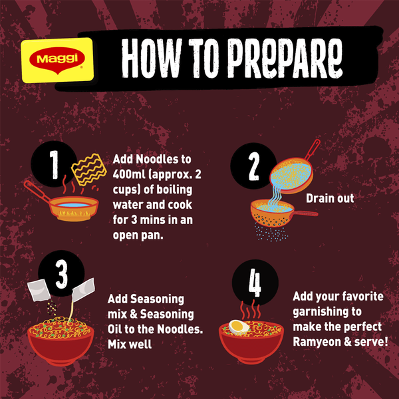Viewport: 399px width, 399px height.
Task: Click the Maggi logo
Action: click(x=57, y=61)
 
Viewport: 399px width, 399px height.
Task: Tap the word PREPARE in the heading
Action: click(x=285, y=59)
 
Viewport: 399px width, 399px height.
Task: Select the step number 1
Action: click(x=54, y=165)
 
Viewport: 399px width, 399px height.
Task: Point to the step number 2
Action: click(x=254, y=166)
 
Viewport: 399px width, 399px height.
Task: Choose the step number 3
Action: click(x=62, y=275)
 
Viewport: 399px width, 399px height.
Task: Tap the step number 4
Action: click(x=255, y=283)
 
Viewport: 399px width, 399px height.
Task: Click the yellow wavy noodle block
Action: click(x=89, y=169)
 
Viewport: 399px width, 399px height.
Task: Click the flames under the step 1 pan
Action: click(x=74, y=215)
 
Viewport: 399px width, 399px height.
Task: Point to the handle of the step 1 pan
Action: click(x=37, y=191)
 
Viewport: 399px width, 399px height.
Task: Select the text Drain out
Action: click(x=330, y=198)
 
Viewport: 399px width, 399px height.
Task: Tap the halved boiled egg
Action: click(x=239, y=327)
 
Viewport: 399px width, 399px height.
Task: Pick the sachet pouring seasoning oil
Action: click(x=83, y=289)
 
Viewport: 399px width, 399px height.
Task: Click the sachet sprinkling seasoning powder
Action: click(x=39, y=291)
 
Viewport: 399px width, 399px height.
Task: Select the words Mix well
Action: click(x=130, y=344)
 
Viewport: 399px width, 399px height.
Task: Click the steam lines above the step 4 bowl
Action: click(x=251, y=310)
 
